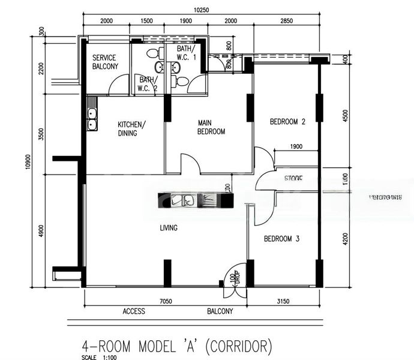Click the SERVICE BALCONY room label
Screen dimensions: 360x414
pos(105,62)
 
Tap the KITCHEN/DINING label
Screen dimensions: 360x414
pos(131,128)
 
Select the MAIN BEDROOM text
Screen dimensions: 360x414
pos(211,127)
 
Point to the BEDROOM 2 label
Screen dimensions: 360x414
pos(287,122)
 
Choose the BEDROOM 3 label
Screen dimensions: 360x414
pos(282,239)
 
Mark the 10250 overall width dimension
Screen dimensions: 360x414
pos(202,10)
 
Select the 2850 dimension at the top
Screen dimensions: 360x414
pos(286,22)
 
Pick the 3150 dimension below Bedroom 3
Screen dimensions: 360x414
pos(281,301)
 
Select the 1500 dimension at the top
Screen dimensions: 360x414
pos(146,22)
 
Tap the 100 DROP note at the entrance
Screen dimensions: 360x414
pos(234,281)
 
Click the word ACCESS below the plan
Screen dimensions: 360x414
pos(134,312)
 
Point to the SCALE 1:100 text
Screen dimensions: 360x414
pos(95,358)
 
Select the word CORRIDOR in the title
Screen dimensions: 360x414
pos(239,346)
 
